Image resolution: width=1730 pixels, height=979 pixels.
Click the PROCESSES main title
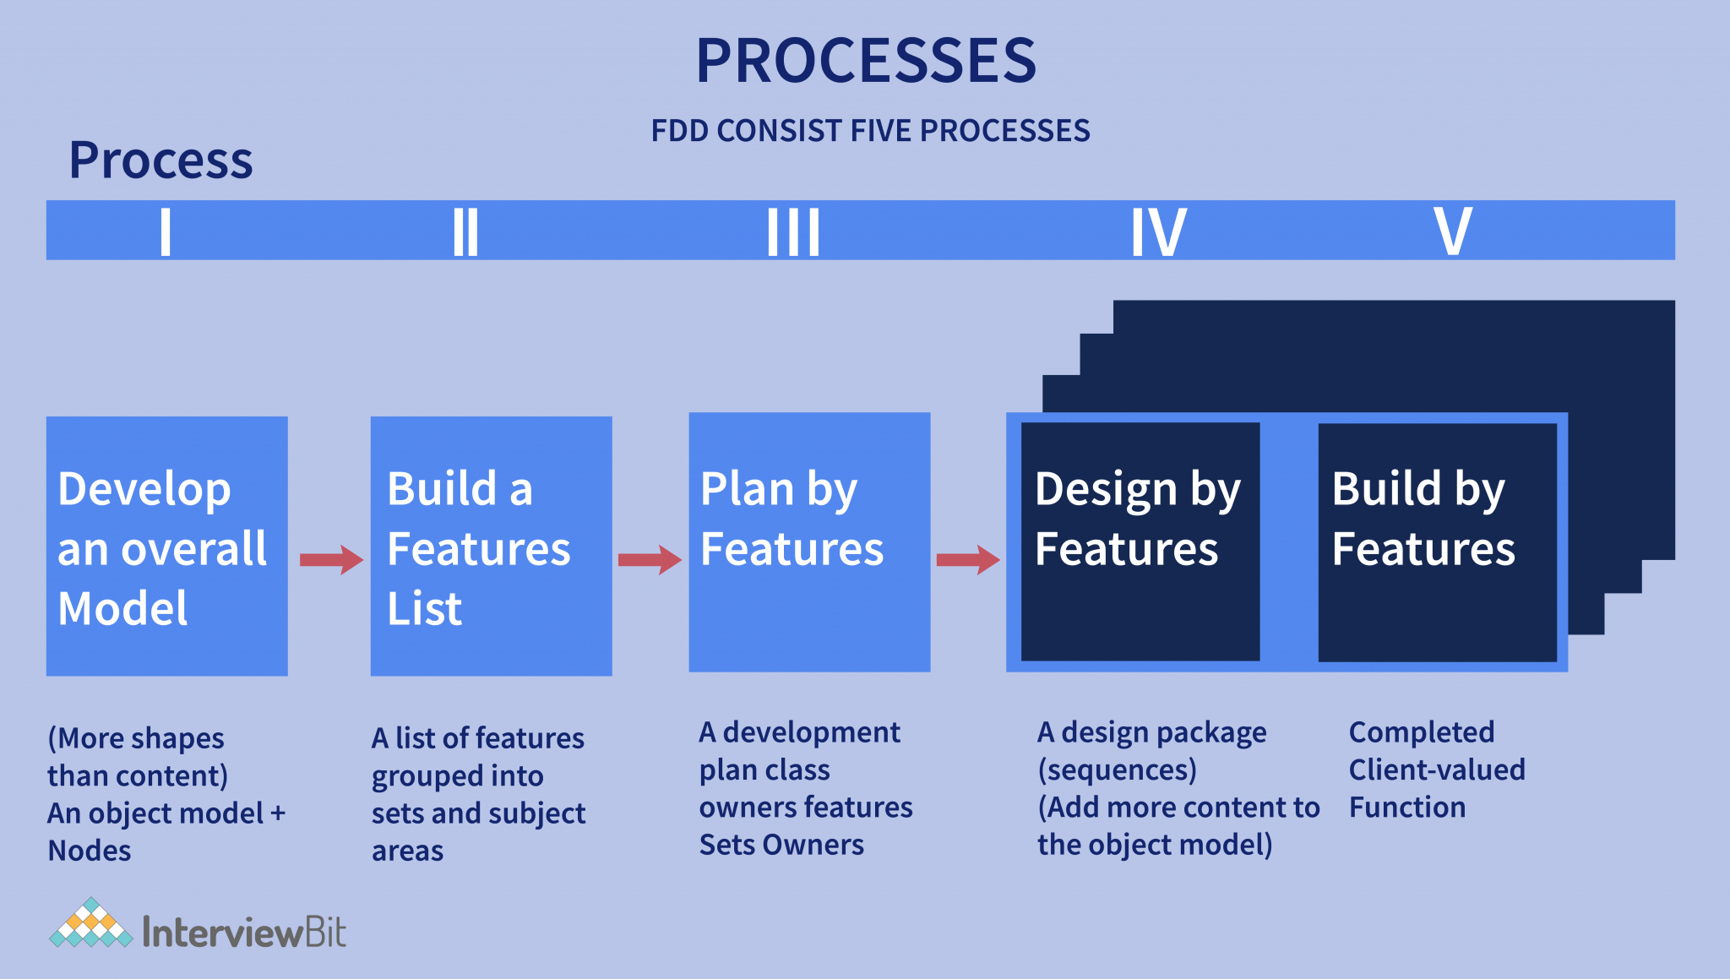point(866,61)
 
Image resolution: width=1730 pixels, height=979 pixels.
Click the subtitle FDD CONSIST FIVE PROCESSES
point(870,131)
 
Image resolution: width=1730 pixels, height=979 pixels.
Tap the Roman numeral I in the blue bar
point(166,231)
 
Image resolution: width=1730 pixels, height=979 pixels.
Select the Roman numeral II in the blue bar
point(465,231)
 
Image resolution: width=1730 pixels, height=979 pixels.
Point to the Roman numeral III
point(793,231)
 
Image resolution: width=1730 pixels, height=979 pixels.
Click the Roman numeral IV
point(1158,231)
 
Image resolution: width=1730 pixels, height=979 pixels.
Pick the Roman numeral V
point(1453,231)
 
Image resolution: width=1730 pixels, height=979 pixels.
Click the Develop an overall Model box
point(166,546)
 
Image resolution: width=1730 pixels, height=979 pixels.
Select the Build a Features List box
point(491,546)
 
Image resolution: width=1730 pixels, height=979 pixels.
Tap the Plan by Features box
point(809,542)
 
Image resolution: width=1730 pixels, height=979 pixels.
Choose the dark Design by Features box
point(1140,541)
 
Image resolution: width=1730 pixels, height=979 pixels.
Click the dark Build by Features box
point(1437,541)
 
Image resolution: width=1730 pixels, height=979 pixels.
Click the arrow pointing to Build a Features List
point(331,559)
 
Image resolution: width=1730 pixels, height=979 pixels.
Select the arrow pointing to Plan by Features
point(650,559)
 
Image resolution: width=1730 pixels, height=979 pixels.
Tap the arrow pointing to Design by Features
point(968,559)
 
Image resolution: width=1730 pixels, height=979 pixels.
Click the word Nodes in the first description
point(90,851)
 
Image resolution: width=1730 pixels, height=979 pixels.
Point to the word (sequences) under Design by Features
point(1117,770)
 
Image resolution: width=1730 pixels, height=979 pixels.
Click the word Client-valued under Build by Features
point(1437,770)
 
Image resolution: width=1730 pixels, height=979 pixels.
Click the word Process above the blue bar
point(160,160)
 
